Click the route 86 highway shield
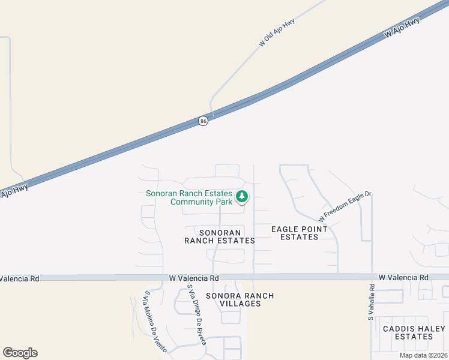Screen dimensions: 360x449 pyautogui.click(x=203, y=121)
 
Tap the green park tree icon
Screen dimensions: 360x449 pyautogui.click(x=241, y=196)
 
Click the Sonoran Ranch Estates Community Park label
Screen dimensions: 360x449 pyautogui.click(x=189, y=197)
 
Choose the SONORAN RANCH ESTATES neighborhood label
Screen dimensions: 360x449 pyautogui.click(x=219, y=236)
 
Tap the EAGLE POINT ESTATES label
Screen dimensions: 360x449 pyautogui.click(x=300, y=233)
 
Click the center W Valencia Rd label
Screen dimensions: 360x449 pyautogui.click(x=194, y=278)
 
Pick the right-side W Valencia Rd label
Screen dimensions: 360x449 pyautogui.click(x=403, y=278)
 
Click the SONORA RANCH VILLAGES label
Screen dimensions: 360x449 pyautogui.click(x=240, y=299)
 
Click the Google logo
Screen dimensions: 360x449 pyautogui.click(x=20, y=353)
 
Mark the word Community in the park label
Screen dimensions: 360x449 pyautogui.click(x=191, y=202)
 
